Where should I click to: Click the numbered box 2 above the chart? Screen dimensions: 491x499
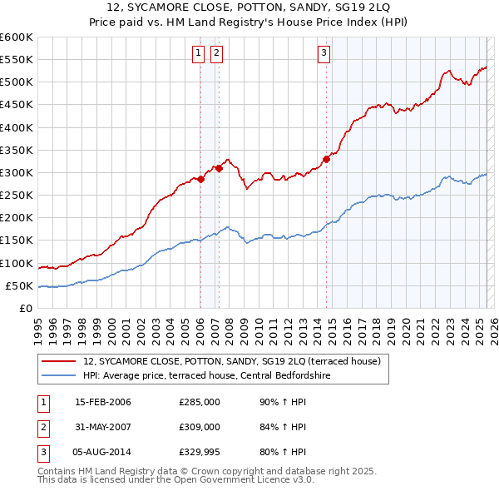point(216,54)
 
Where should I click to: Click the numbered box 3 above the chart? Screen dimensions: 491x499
point(324,54)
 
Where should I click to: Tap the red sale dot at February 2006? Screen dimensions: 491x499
point(200,179)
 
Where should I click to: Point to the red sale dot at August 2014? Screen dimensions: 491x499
point(326,159)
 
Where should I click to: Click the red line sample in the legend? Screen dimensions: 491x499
point(58,361)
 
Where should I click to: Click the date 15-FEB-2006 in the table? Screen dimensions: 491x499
point(103,402)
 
